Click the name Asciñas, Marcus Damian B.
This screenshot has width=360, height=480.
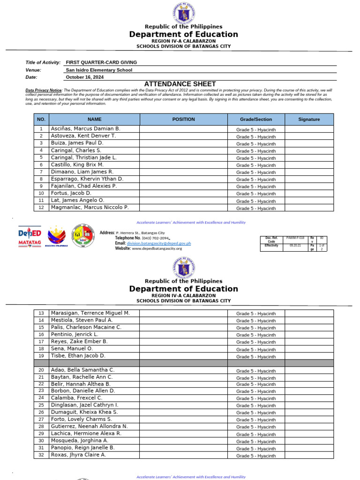pyautogui.click(x=86, y=128)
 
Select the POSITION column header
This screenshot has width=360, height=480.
pyautogui.click(x=183, y=120)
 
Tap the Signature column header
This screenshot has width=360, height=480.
pyautogui.click(x=309, y=120)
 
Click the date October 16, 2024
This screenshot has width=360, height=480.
pyautogui.click(x=85, y=77)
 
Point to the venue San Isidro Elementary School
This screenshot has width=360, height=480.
pyautogui.click(x=99, y=70)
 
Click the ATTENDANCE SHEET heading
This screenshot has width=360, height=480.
pyautogui.click(x=180, y=84)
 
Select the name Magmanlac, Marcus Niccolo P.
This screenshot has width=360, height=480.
pyautogui.click(x=90, y=207)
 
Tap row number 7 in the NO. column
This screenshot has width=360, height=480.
pyautogui.click(x=41, y=172)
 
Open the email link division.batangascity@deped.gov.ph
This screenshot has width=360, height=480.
pyautogui.click(x=159, y=243)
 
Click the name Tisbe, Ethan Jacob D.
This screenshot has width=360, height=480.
pyautogui.click(x=78, y=356)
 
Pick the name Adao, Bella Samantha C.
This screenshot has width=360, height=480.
pyautogui.click(x=82, y=370)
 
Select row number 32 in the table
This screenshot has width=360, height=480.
pyautogui.click(x=41, y=455)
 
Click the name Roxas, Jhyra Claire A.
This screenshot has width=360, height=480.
pyautogui.click(x=78, y=455)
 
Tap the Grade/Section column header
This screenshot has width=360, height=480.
pyautogui.click(x=256, y=120)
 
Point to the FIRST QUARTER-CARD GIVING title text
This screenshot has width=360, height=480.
pyautogui.click(x=101, y=62)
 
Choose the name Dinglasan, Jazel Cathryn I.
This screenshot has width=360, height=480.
pyautogui.click(x=85, y=405)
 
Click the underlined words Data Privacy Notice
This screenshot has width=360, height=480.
pyautogui.click(x=44, y=90)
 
